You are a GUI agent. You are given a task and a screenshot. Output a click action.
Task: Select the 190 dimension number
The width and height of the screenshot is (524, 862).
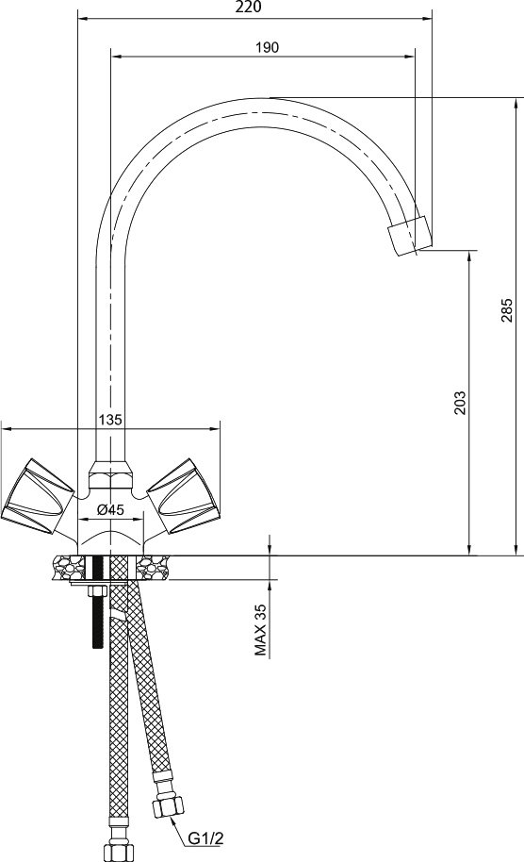tap(267, 47)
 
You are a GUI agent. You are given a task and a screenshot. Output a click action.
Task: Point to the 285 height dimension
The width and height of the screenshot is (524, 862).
tap(506, 310)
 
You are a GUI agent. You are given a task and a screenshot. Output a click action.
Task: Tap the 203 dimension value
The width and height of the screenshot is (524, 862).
tap(459, 403)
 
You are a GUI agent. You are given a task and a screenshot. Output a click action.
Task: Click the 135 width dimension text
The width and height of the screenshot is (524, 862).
tap(110, 420)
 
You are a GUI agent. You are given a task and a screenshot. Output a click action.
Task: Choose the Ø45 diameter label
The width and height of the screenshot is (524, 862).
tap(110, 509)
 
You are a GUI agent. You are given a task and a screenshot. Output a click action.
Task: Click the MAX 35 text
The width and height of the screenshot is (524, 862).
tap(260, 630)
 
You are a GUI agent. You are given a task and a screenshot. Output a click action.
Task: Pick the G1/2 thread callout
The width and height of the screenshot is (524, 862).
tap(206, 838)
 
